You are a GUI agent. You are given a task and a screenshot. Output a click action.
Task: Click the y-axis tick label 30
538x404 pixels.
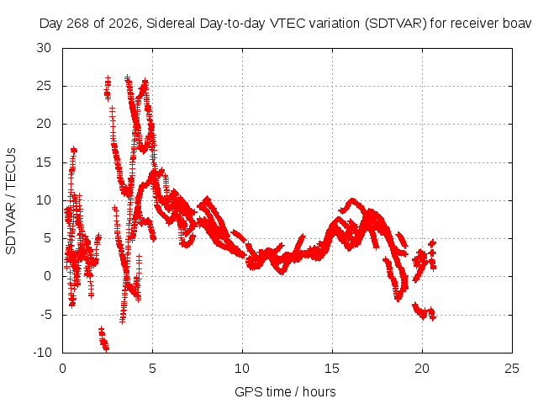(x=44, y=48)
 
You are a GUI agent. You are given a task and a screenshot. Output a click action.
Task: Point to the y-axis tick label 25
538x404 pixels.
(x=44, y=86)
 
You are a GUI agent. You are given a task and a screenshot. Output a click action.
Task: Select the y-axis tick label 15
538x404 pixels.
(x=44, y=162)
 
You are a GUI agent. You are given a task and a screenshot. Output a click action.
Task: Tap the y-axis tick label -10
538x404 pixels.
(x=42, y=353)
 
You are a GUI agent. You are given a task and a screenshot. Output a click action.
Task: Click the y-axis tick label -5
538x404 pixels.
(x=45, y=314)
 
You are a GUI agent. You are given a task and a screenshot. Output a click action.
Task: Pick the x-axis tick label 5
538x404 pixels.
(x=152, y=369)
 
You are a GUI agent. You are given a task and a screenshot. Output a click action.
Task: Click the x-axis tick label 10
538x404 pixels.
(x=242, y=369)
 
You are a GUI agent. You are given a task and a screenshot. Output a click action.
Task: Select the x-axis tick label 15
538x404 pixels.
(x=332, y=369)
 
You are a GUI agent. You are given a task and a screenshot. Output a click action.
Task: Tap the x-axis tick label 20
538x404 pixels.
(x=422, y=369)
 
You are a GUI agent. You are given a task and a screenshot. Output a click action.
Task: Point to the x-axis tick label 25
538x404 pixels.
(x=512, y=369)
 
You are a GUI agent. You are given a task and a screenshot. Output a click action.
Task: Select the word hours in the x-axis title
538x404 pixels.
(x=319, y=392)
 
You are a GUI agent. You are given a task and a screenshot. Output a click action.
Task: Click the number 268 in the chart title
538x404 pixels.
(x=78, y=24)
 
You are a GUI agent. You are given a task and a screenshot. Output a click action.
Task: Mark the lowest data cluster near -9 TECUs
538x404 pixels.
(x=103, y=340)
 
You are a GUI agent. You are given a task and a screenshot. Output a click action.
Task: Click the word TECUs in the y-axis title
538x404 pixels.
(x=11, y=168)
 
